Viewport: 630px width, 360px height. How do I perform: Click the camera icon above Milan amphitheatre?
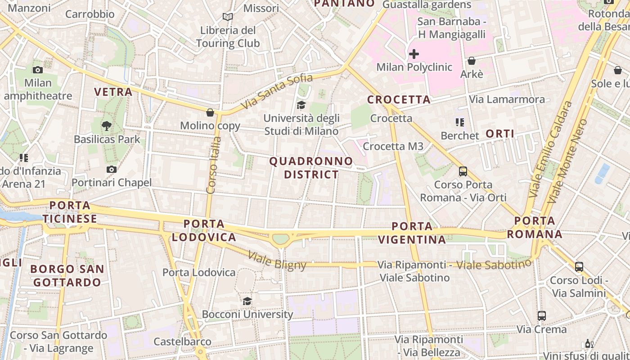pyautogui.click(x=38, y=70)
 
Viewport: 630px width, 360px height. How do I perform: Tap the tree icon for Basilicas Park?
pyautogui.click(x=107, y=126)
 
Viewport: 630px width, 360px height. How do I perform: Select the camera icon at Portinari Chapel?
pyautogui.click(x=111, y=169)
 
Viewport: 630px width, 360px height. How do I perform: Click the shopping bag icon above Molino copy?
pyautogui.click(x=210, y=112)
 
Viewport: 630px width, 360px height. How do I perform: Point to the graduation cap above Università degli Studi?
pyautogui.click(x=301, y=105)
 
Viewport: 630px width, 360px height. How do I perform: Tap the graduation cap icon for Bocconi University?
pyautogui.click(x=247, y=301)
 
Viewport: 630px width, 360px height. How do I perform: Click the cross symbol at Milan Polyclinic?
pyautogui.click(x=414, y=54)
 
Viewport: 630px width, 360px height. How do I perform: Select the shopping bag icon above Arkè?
pyautogui.click(x=471, y=61)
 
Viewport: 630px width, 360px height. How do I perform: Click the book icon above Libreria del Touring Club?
pyautogui.click(x=228, y=17)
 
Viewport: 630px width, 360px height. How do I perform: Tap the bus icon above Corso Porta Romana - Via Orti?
pyautogui.click(x=463, y=171)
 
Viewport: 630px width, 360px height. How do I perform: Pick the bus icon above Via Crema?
pyautogui.click(x=541, y=316)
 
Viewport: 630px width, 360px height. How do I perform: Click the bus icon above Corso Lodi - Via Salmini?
pyautogui.click(x=579, y=266)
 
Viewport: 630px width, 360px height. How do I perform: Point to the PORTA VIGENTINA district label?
pyautogui.click(x=412, y=233)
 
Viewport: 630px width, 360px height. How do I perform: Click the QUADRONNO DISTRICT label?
pyautogui.click(x=311, y=168)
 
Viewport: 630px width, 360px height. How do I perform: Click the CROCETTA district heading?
pyautogui.click(x=399, y=99)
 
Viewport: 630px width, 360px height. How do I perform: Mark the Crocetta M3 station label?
pyautogui.click(x=393, y=146)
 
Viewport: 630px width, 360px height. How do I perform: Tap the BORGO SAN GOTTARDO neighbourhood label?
pyautogui.click(x=67, y=276)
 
